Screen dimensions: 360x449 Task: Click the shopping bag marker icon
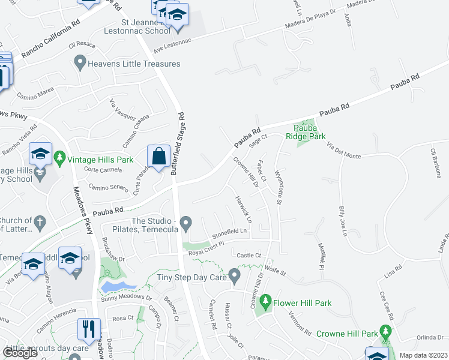158,157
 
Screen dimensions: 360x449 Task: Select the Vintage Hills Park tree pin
59,160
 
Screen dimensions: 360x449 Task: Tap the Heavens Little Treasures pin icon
79,61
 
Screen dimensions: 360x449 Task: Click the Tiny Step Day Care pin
235,277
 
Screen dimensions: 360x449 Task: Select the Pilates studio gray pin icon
186,224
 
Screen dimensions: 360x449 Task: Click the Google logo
20,353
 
